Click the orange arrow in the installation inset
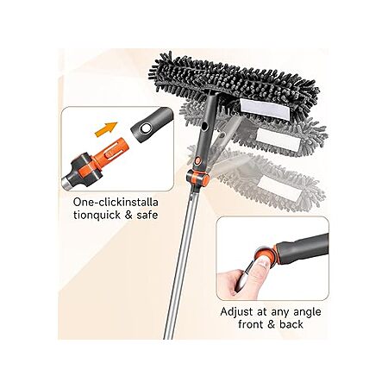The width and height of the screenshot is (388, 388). pyautogui.click(x=106, y=128)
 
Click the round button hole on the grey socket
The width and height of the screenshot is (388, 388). pyautogui.click(x=146, y=128)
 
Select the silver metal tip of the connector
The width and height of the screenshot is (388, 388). pyautogui.click(x=66, y=182)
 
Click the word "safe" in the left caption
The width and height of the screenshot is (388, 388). pyautogui.click(x=147, y=215)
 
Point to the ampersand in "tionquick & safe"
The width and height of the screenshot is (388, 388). pyautogui.click(x=128, y=215)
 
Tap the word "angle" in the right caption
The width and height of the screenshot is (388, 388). pyautogui.click(x=307, y=313)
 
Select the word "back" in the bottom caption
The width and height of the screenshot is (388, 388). pyautogui.click(x=291, y=325)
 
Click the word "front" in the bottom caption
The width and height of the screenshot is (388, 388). pyautogui.click(x=251, y=325)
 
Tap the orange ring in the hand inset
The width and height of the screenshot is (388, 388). pyautogui.click(x=269, y=254)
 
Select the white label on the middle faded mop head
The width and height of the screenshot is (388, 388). pyautogui.click(x=278, y=139)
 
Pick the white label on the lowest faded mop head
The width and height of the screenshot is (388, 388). pyautogui.click(x=276, y=187)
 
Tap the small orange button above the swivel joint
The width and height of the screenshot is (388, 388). pyautogui.click(x=197, y=160)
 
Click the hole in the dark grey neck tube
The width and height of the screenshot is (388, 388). pyautogui.click(x=204, y=126)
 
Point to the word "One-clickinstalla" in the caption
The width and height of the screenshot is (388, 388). pyautogui.click(x=116, y=202)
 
